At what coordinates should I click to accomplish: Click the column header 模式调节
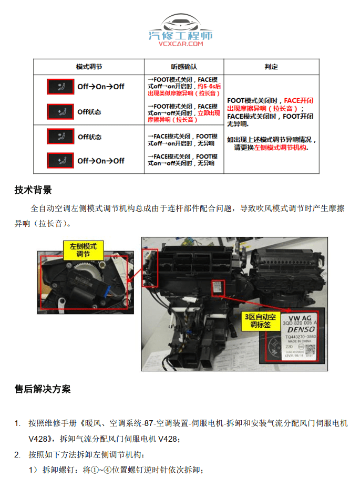click(89, 67)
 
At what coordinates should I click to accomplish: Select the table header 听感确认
click(184, 67)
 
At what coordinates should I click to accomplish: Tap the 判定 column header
click(271, 67)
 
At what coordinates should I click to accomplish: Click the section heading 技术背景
click(33, 190)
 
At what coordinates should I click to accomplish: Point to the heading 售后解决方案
click(43, 389)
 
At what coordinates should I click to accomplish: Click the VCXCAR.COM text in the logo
click(180, 44)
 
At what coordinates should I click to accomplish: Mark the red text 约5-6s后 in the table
click(209, 86)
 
